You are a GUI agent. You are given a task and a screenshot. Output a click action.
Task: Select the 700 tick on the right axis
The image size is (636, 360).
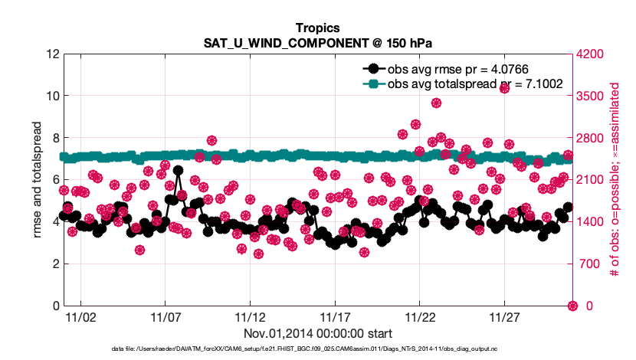tap(586, 264)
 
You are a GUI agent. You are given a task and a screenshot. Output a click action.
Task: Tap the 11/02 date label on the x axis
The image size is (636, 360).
tap(80, 316)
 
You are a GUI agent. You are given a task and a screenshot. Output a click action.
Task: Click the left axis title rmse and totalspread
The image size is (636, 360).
tap(38, 180)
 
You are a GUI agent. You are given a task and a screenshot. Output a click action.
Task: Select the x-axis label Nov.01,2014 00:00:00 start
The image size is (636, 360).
tap(317, 333)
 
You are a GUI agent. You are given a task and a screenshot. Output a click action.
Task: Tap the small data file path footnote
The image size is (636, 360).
tap(317, 349)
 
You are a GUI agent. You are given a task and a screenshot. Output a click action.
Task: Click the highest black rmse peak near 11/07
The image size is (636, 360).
tap(178, 171)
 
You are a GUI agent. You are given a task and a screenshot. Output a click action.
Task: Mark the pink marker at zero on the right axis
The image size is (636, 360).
tap(572, 306)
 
